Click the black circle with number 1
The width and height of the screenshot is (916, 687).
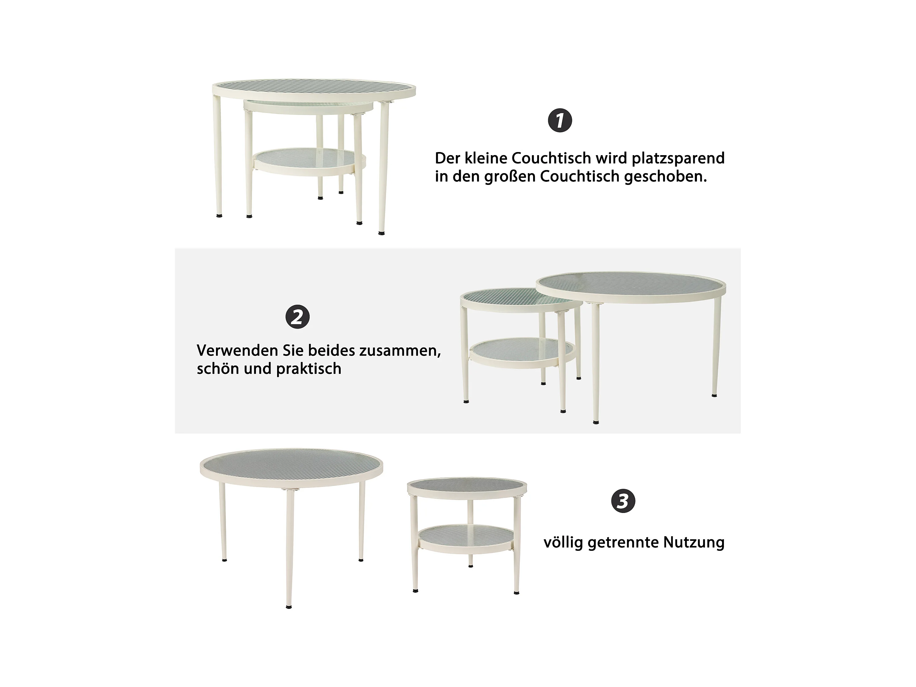click(560, 120)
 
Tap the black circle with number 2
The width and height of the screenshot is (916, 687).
click(297, 317)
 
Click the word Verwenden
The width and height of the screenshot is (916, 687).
click(237, 350)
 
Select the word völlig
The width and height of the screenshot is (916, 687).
click(563, 542)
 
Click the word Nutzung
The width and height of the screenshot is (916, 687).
click(694, 542)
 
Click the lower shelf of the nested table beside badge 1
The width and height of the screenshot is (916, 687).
click(309, 162)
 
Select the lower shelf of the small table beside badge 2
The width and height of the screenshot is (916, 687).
click(522, 353)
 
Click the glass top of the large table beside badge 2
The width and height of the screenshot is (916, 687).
click(631, 287)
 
